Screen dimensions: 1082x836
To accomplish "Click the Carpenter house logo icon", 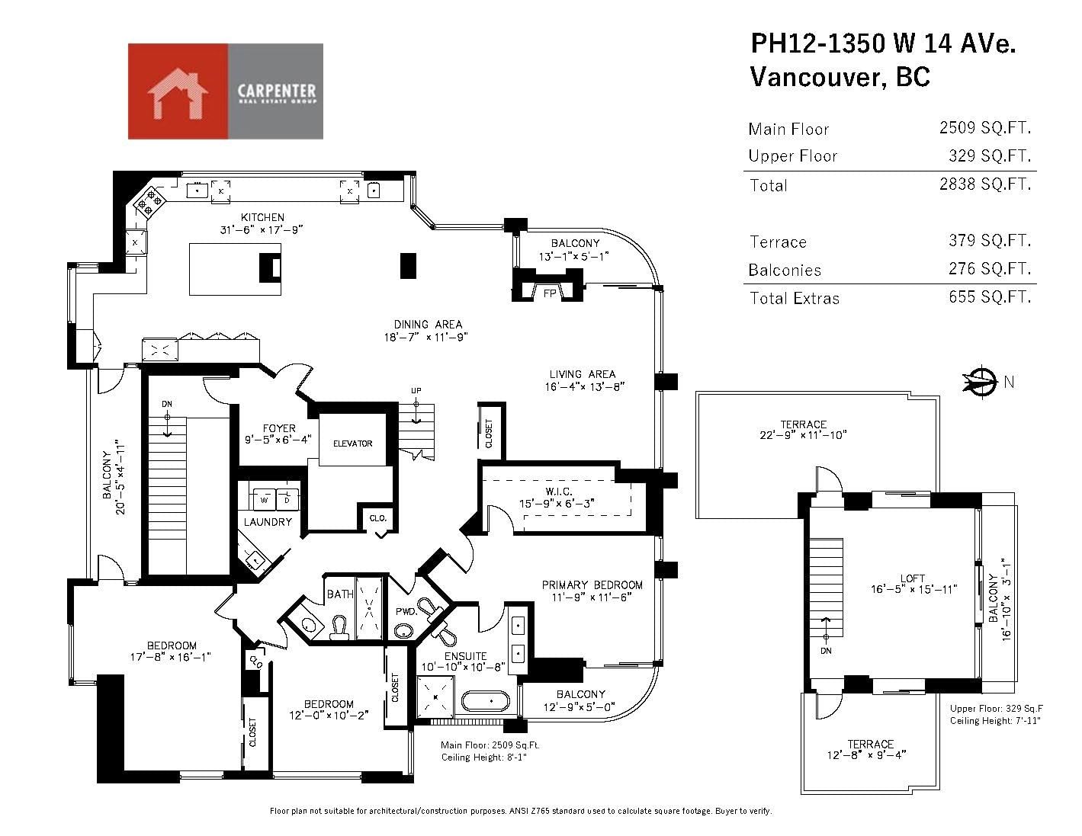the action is point(177,94).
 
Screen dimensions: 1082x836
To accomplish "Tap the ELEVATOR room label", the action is point(352,444).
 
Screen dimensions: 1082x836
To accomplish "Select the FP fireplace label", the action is point(550,293).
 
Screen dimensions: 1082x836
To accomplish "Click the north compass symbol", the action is point(981,382).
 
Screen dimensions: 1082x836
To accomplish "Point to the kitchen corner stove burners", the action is point(149,202).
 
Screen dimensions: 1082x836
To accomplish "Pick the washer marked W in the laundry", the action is point(265,499).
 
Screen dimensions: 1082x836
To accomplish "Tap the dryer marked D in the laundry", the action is point(287,499).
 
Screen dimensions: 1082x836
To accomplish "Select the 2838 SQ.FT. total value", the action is point(985,184).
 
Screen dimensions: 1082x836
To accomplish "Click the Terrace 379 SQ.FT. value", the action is point(990,241).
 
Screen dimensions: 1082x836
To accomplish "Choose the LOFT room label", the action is point(912,578).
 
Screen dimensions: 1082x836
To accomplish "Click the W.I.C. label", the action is point(559,492).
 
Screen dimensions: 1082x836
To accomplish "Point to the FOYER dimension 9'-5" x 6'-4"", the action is point(278,440).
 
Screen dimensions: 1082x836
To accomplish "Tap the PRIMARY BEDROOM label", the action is point(592,585).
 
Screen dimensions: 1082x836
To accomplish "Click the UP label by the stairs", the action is point(416,391).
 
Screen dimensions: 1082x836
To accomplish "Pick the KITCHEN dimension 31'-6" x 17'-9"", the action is point(262,229).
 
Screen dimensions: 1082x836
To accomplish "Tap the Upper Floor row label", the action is point(793,156).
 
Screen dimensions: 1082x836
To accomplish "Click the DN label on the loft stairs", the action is point(826,651).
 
